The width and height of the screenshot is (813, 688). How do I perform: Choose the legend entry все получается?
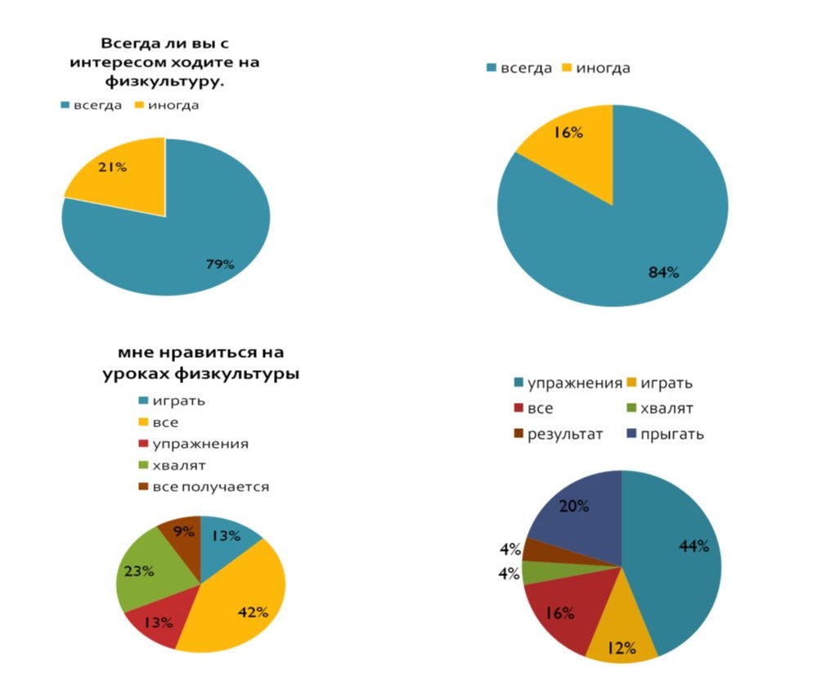tap(208, 487)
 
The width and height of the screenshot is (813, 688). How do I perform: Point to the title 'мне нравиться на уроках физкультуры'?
tap(200, 363)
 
